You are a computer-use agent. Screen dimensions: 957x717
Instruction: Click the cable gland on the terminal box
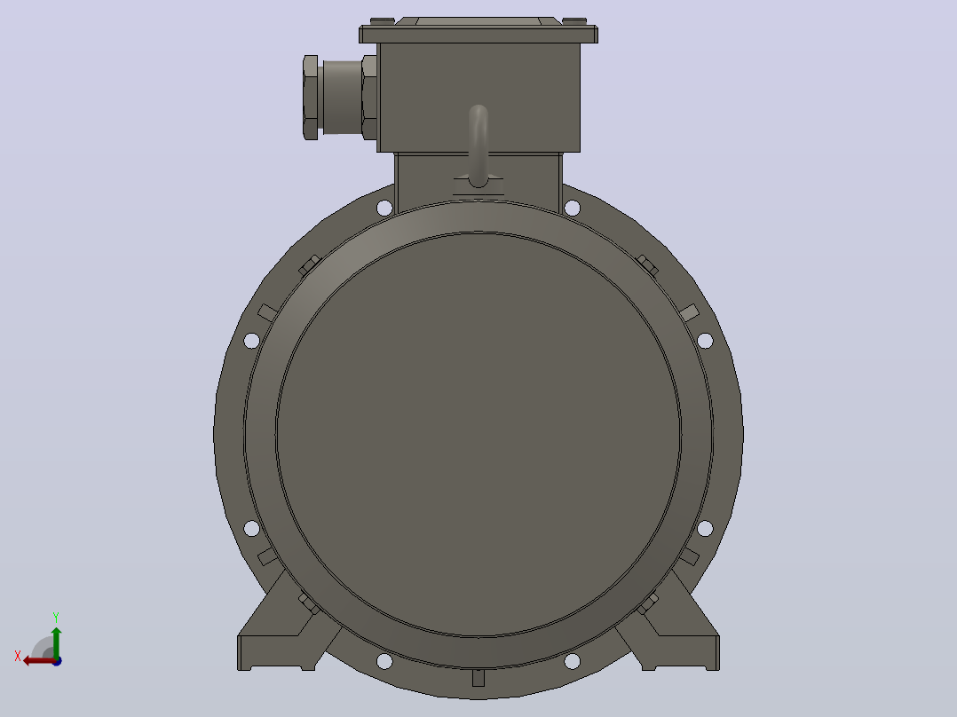340,98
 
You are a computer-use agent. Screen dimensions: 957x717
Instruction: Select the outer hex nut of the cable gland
311,98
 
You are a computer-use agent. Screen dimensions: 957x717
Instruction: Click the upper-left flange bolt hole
384,208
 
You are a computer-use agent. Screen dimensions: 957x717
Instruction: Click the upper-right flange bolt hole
572,208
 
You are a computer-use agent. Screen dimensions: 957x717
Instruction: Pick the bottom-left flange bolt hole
384,661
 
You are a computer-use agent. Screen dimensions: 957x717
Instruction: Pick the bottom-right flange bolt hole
572,661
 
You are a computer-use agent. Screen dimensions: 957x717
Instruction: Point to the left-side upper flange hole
251,341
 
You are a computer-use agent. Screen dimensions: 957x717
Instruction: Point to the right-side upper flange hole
705,341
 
